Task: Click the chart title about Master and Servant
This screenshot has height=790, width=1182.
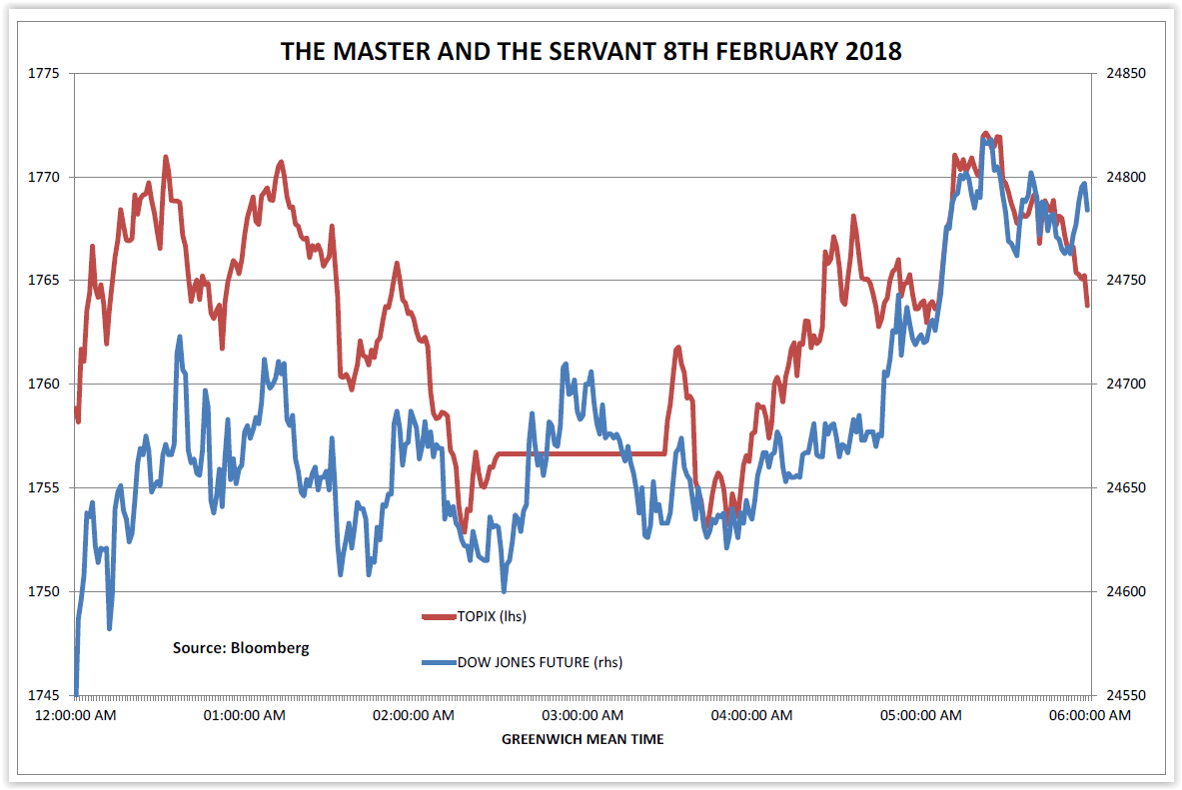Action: pyautogui.click(x=591, y=51)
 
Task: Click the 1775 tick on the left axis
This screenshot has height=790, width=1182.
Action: pyautogui.click(x=46, y=74)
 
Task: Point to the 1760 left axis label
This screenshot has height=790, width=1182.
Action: pyautogui.click(x=46, y=385)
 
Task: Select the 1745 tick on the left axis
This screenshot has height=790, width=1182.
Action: pyautogui.click(x=46, y=695)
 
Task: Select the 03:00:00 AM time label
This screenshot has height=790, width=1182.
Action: pyautogui.click(x=583, y=715)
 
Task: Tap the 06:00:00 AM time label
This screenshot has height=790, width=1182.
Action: pyautogui.click(x=1088, y=715)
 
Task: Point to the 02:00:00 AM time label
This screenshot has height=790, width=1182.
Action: pyautogui.click(x=414, y=715)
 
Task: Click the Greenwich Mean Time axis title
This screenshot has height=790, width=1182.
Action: pyautogui.click(x=583, y=739)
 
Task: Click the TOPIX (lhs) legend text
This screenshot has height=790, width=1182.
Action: pyautogui.click(x=491, y=616)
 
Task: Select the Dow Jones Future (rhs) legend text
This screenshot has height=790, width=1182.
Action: pyautogui.click(x=540, y=661)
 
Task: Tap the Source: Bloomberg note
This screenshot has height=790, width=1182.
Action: pyautogui.click(x=241, y=647)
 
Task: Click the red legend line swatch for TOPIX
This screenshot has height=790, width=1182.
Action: pyautogui.click(x=438, y=617)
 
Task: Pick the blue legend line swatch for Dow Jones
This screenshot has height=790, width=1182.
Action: pyautogui.click(x=438, y=662)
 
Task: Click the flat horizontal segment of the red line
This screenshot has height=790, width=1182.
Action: pyautogui.click(x=580, y=453)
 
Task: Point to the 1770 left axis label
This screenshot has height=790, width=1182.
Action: pyautogui.click(x=46, y=177)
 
